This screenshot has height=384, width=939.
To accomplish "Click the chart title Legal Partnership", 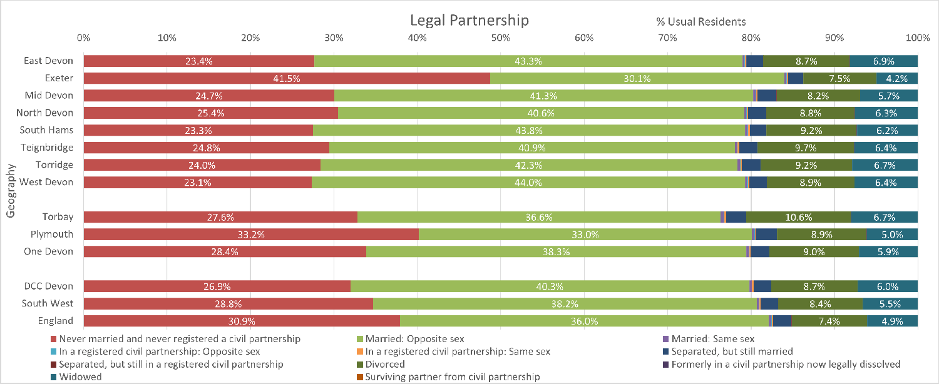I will point(469,20).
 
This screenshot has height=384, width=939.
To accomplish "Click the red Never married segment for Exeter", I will point(286,78).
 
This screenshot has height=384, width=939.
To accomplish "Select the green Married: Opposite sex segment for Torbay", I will point(539,217).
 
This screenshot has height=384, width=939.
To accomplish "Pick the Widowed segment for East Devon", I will point(883,61).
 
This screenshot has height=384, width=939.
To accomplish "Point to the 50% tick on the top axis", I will point(500,38).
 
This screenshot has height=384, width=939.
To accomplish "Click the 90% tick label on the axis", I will point(834,38).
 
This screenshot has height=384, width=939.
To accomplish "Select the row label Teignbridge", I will point(48,148).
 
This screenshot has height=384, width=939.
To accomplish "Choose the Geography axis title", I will point(11,191).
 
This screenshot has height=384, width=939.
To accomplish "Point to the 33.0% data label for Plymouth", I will point(585,235).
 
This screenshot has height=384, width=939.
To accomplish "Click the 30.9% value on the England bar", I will point(241,321).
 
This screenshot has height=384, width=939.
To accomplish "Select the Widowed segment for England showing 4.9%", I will point(892,321).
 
